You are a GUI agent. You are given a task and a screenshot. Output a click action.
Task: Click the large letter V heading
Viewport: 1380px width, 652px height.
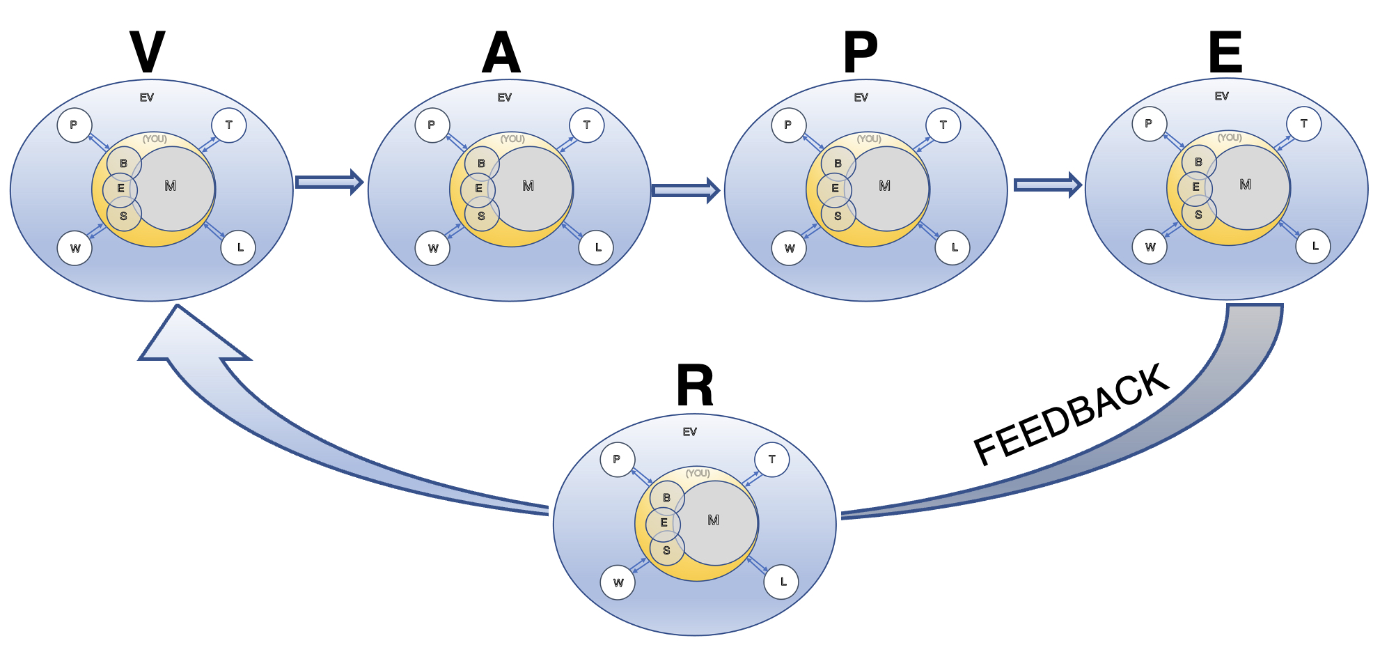point(148,52)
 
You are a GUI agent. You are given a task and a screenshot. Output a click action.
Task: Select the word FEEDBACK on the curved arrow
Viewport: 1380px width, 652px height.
point(1071,414)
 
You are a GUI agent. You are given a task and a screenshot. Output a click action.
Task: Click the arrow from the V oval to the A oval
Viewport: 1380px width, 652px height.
point(329,183)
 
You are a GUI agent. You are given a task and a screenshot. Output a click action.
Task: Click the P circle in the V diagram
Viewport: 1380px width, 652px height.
point(74,125)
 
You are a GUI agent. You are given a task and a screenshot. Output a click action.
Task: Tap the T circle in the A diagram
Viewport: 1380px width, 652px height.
point(586,125)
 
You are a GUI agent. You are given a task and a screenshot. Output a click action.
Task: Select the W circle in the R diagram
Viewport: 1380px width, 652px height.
point(618,582)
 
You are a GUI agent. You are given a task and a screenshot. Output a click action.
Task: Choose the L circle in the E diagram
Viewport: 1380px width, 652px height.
point(1314,246)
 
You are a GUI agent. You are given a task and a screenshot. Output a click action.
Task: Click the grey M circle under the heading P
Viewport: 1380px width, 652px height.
point(888,188)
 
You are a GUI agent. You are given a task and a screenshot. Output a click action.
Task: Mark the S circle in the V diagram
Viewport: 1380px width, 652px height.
point(123,216)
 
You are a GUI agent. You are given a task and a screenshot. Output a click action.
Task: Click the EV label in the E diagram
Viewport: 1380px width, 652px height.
point(1221,96)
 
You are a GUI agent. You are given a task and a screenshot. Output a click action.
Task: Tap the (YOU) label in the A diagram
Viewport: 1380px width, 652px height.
point(512,139)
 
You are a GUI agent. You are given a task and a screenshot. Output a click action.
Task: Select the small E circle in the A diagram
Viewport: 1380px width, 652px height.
point(478,188)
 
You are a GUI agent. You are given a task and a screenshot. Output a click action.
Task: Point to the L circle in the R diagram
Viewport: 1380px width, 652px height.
point(782,582)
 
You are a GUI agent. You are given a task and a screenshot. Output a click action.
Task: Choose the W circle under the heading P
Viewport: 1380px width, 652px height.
point(789,248)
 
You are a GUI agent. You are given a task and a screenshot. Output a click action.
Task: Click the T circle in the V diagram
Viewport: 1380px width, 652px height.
point(228,125)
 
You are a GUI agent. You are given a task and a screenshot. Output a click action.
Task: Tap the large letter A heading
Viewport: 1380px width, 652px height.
point(501,54)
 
